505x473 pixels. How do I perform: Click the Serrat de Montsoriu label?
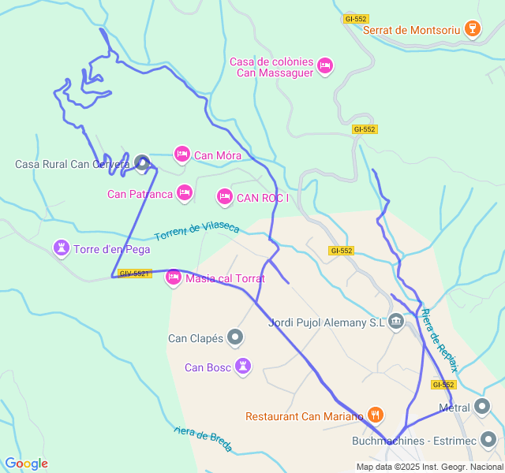pyautogui.click(x=410, y=30)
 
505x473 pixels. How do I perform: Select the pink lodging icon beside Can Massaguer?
pyautogui.click(x=325, y=66)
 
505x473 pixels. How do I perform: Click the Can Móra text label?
pyautogui.click(x=218, y=155)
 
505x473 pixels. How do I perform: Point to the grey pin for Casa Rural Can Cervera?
pyautogui.click(x=142, y=163)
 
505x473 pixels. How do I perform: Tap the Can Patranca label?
pyautogui.click(x=140, y=194)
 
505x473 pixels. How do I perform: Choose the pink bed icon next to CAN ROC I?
pyautogui.click(x=225, y=196)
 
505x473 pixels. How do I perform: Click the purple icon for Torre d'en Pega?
pyautogui.click(x=61, y=249)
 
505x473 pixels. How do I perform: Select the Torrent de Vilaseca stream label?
pyautogui.click(x=196, y=230)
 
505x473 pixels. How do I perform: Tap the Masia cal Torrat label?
pyautogui.click(x=226, y=278)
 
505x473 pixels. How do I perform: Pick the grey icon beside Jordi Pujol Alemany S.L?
pyautogui.click(x=396, y=322)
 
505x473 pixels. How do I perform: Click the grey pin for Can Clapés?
pyautogui.click(x=235, y=338)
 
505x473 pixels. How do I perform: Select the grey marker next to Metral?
pyautogui.click(x=482, y=408)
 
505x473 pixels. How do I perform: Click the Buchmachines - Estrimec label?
pyautogui.click(x=414, y=440)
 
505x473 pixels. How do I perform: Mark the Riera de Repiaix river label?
pyautogui.click(x=439, y=340)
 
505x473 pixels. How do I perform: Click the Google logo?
pyautogui.click(x=26, y=464)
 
